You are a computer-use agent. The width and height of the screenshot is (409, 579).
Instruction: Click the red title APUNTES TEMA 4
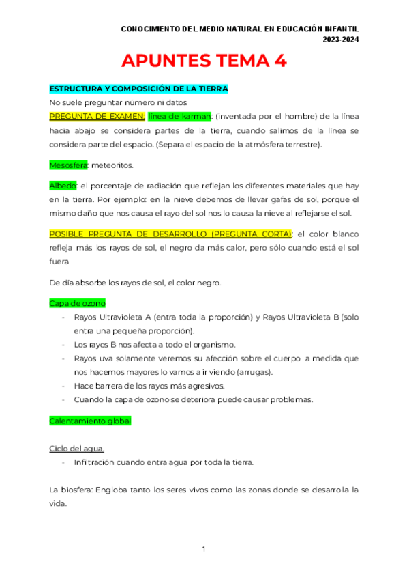click(204, 61)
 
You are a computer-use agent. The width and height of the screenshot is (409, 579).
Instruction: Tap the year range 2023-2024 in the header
click(341, 40)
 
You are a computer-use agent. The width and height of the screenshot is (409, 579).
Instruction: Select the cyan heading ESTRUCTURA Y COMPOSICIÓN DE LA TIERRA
click(138, 89)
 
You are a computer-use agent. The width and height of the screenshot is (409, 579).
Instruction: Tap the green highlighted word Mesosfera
click(64, 165)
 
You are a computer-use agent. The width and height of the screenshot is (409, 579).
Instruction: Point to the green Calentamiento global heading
click(90, 421)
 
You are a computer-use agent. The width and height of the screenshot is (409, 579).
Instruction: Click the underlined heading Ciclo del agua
click(77, 449)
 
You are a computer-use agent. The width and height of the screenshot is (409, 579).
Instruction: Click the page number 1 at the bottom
click(204, 550)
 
